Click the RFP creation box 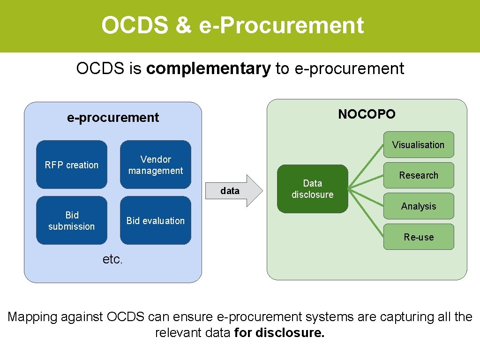pos(72,165)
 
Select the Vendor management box pos(156,165)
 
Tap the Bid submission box pos(72,220)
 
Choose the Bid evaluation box pos(156,220)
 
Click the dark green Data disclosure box pos(313,189)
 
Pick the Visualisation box pos(419,144)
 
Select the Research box pos(419,175)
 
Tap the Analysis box pos(419,206)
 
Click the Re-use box pos(419,237)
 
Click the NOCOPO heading pos(367,114)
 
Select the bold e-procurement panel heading pos(113,117)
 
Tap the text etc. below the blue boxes pos(112,259)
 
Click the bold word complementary pos(209,68)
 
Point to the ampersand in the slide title pos(183,25)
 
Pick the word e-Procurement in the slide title pos(281,25)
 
